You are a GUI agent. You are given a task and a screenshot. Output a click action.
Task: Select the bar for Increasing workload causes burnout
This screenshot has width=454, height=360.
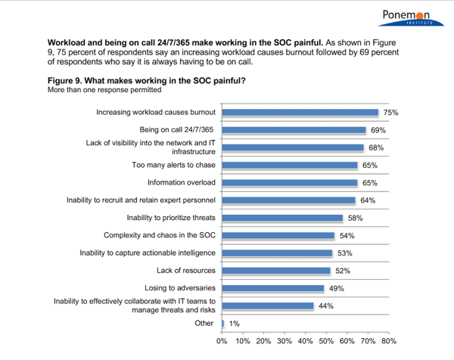click(300, 113)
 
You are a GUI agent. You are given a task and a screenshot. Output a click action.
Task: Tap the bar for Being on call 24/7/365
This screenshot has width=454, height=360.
click(294, 130)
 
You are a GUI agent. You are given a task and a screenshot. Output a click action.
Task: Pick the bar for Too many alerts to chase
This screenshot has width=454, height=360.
click(290, 165)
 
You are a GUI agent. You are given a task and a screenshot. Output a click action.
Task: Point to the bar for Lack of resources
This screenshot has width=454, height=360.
click(276, 270)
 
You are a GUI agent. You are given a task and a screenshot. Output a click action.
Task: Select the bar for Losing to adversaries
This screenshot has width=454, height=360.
click(273, 288)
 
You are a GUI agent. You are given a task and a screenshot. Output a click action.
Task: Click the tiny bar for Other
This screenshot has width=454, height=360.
click(223, 323)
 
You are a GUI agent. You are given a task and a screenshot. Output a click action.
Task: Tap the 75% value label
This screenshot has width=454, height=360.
click(390, 113)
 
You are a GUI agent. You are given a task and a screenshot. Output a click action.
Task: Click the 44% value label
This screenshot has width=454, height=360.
click(325, 306)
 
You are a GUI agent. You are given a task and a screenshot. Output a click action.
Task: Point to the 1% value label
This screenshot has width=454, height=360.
click(234, 323)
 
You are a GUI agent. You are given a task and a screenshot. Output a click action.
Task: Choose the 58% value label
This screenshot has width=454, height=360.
click(354, 218)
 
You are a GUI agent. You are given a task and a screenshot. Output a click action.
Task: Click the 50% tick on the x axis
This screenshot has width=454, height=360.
click(326, 341)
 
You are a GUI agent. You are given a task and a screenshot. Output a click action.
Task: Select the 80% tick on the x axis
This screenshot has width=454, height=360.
click(388, 341)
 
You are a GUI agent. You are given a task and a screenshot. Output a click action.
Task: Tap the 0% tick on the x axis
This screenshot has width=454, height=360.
click(222, 341)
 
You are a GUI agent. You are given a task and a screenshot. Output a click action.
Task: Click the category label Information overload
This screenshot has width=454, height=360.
click(181, 182)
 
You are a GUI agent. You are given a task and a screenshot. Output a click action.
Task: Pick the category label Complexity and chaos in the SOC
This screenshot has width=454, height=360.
click(160, 235)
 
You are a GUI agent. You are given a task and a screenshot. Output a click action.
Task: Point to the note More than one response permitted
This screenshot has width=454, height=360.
click(104, 90)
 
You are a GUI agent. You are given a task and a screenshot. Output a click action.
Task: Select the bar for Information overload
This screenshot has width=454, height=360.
click(290, 182)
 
